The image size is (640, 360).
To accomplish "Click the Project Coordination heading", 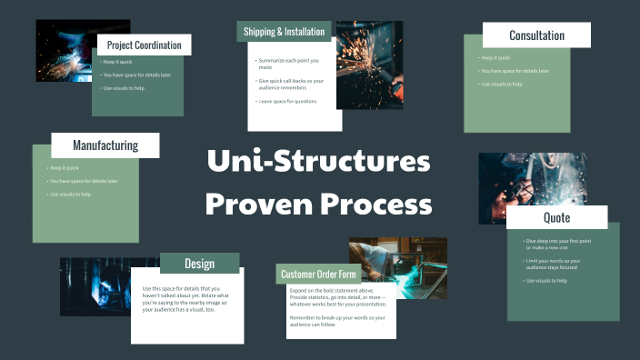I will pos(144,45).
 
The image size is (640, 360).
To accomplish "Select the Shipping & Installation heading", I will pos(284,32).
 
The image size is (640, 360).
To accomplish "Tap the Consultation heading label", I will pos(536,35).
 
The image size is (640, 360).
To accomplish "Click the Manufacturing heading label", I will pos(105,145).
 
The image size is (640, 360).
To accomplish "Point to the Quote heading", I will pos(556,217).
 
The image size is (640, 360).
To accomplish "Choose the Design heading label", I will pos(199,264).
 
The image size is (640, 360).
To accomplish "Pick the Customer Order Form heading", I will pos(318,275).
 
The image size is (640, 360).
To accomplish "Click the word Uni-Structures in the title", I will pos(318,163).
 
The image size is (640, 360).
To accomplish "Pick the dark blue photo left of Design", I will pos(95,286).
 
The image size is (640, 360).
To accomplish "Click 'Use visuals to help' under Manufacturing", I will pos(72,194).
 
